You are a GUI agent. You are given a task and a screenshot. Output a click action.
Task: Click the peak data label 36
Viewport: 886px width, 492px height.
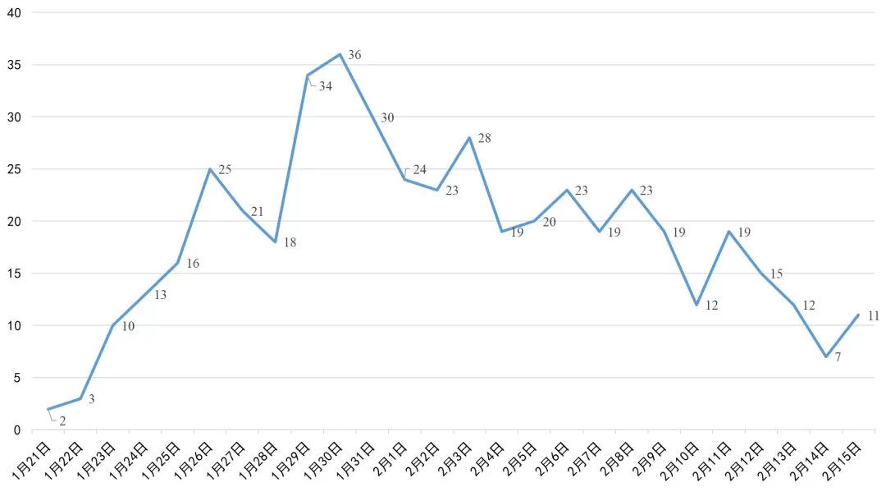click(x=354, y=55)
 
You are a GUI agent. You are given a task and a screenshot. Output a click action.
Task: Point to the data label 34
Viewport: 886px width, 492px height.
click(x=326, y=86)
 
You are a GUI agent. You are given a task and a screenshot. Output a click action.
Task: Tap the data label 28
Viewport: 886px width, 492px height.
click(x=484, y=139)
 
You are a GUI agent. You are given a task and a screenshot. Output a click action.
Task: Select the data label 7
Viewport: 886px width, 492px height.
click(x=838, y=357)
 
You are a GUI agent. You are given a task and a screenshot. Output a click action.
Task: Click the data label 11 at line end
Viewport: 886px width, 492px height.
click(x=873, y=315)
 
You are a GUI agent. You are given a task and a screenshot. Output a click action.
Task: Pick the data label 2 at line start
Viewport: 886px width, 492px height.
click(x=62, y=421)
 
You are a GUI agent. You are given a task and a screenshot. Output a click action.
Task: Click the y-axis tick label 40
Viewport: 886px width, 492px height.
click(x=15, y=12)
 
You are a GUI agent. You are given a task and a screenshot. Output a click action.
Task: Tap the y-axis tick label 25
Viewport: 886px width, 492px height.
click(x=15, y=169)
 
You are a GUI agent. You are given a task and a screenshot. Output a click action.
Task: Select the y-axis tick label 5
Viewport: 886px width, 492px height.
click(x=18, y=378)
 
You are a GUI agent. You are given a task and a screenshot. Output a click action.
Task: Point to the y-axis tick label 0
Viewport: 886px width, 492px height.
click(x=18, y=430)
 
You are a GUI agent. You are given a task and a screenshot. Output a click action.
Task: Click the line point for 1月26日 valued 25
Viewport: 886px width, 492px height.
click(x=211, y=169)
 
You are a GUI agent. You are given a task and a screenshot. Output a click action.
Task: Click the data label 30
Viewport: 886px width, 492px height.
click(x=387, y=118)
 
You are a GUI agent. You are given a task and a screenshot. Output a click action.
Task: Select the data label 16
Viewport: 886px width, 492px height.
click(x=193, y=264)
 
